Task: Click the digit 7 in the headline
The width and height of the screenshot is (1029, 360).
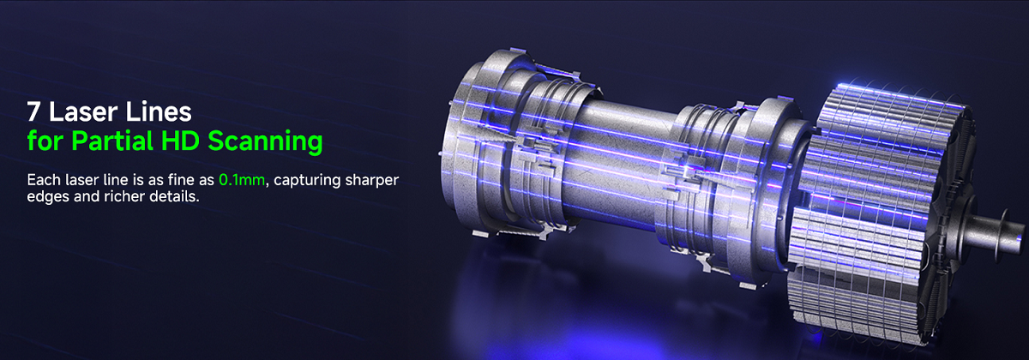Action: pyautogui.click(x=33, y=111)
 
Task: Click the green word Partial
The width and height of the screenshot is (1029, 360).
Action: pyautogui.click(x=112, y=141)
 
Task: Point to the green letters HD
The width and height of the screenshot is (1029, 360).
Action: pyautogui.click(x=180, y=141)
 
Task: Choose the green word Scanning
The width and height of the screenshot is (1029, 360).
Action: pyautogui.click(x=265, y=141)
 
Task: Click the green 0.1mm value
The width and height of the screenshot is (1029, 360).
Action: pyautogui.click(x=242, y=179)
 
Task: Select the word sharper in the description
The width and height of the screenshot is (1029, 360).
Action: pyautogui.click(x=371, y=181)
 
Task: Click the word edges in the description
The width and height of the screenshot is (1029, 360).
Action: pyautogui.click(x=48, y=197)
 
